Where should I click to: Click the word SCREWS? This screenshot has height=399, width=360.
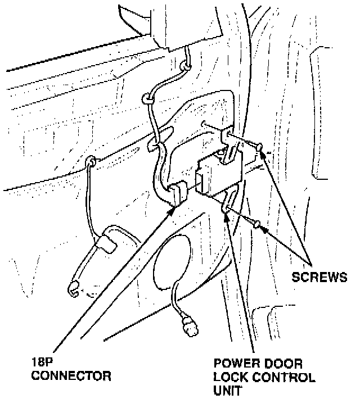click(x=319, y=277)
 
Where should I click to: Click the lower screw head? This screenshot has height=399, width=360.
click(x=256, y=225)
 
